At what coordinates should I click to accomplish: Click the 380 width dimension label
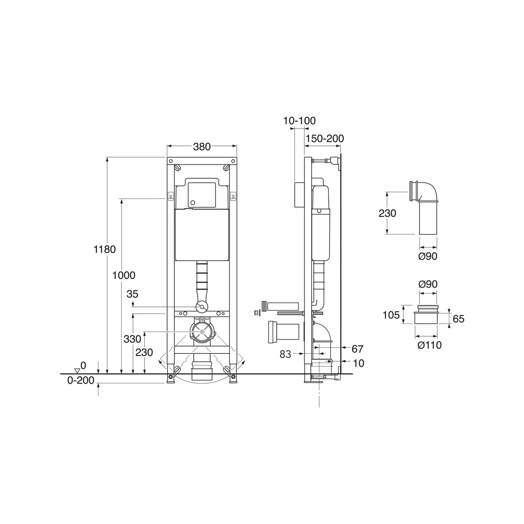click(x=202, y=147)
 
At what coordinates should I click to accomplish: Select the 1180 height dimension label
click(x=105, y=249)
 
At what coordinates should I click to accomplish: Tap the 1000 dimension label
click(x=124, y=275)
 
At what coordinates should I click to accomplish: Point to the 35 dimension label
click(x=133, y=294)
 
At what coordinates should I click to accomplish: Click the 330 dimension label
click(x=133, y=339)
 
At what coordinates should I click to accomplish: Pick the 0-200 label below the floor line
click(x=81, y=380)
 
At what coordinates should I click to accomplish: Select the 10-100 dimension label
click(x=300, y=121)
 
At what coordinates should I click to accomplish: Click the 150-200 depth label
click(x=325, y=139)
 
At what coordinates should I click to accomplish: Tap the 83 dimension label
click(x=285, y=354)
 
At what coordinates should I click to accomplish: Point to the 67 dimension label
click(x=357, y=349)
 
